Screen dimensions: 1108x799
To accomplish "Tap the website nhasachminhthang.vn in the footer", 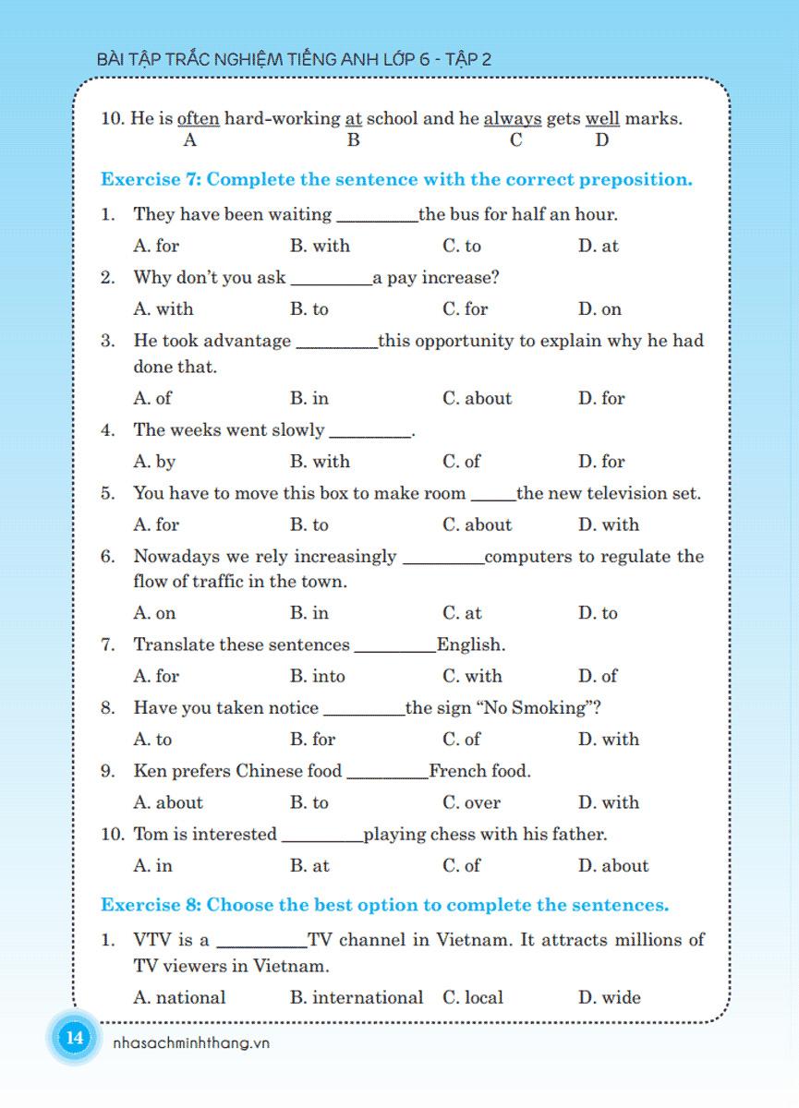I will click(x=189, y=1042).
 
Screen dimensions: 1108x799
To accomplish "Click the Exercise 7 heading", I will click(x=396, y=179).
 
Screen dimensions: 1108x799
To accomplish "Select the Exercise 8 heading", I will click(x=384, y=904).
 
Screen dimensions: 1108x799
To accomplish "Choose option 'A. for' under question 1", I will click(x=156, y=246).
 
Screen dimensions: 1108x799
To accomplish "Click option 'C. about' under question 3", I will click(x=477, y=398).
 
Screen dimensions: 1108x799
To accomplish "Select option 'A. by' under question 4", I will click(x=154, y=461).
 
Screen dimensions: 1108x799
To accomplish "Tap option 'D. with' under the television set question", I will click(x=608, y=524).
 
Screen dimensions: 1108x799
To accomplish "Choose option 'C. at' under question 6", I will click(x=462, y=613).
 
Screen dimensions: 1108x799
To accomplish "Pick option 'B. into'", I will click(x=317, y=676).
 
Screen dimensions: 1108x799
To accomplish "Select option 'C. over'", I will click(x=471, y=802).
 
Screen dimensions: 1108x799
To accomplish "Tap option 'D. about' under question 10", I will click(x=613, y=866).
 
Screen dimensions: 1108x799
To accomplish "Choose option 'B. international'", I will click(x=356, y=997).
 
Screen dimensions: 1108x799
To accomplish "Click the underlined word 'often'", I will click(x=198, y=119).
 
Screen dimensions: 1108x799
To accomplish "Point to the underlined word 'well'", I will click(x=602, y=119).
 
